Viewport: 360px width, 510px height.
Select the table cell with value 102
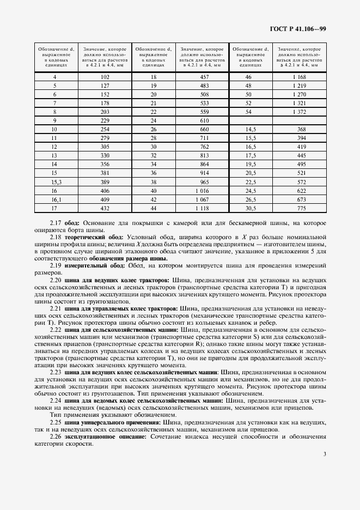coord(105,77)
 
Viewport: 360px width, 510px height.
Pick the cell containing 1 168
coord(298,77)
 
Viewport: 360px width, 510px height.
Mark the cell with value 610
coord(202,120)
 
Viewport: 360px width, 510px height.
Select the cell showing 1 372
coord(298,111)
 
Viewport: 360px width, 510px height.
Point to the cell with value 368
coord(298,129)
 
